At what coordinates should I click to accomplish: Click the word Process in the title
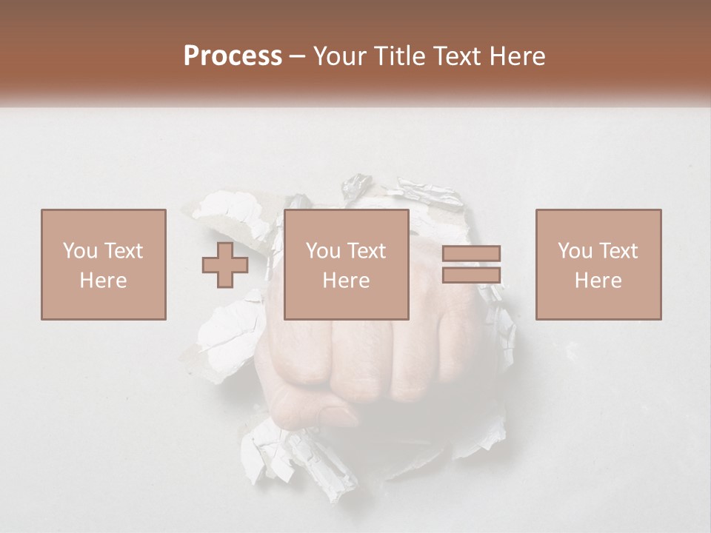tap(233, 56)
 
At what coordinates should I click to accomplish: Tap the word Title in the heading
tap(400, 56)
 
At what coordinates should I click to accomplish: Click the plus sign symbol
tap(225, 265)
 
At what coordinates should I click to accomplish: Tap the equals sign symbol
tap(472, 264)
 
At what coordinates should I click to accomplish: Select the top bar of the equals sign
tap(472, 254)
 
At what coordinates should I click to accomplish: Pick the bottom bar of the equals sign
tap(472, 275)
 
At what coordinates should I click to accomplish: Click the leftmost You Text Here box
tap(104, 264)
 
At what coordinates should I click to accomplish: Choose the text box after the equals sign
tap(598, 264)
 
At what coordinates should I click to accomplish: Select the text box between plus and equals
tap(347, 264)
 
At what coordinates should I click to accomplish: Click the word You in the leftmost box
tap(80, 251)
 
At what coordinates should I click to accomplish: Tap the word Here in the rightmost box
tap(598, 281)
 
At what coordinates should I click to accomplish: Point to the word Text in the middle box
tap(367, 251)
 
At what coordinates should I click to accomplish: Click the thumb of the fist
tap(318, 411)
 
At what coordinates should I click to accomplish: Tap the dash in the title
tap(298, 57)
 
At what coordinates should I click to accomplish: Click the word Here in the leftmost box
tap(104, 281)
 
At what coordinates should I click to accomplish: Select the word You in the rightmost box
tap(575, 251)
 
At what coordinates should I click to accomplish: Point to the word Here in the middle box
tap(347, 281)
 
